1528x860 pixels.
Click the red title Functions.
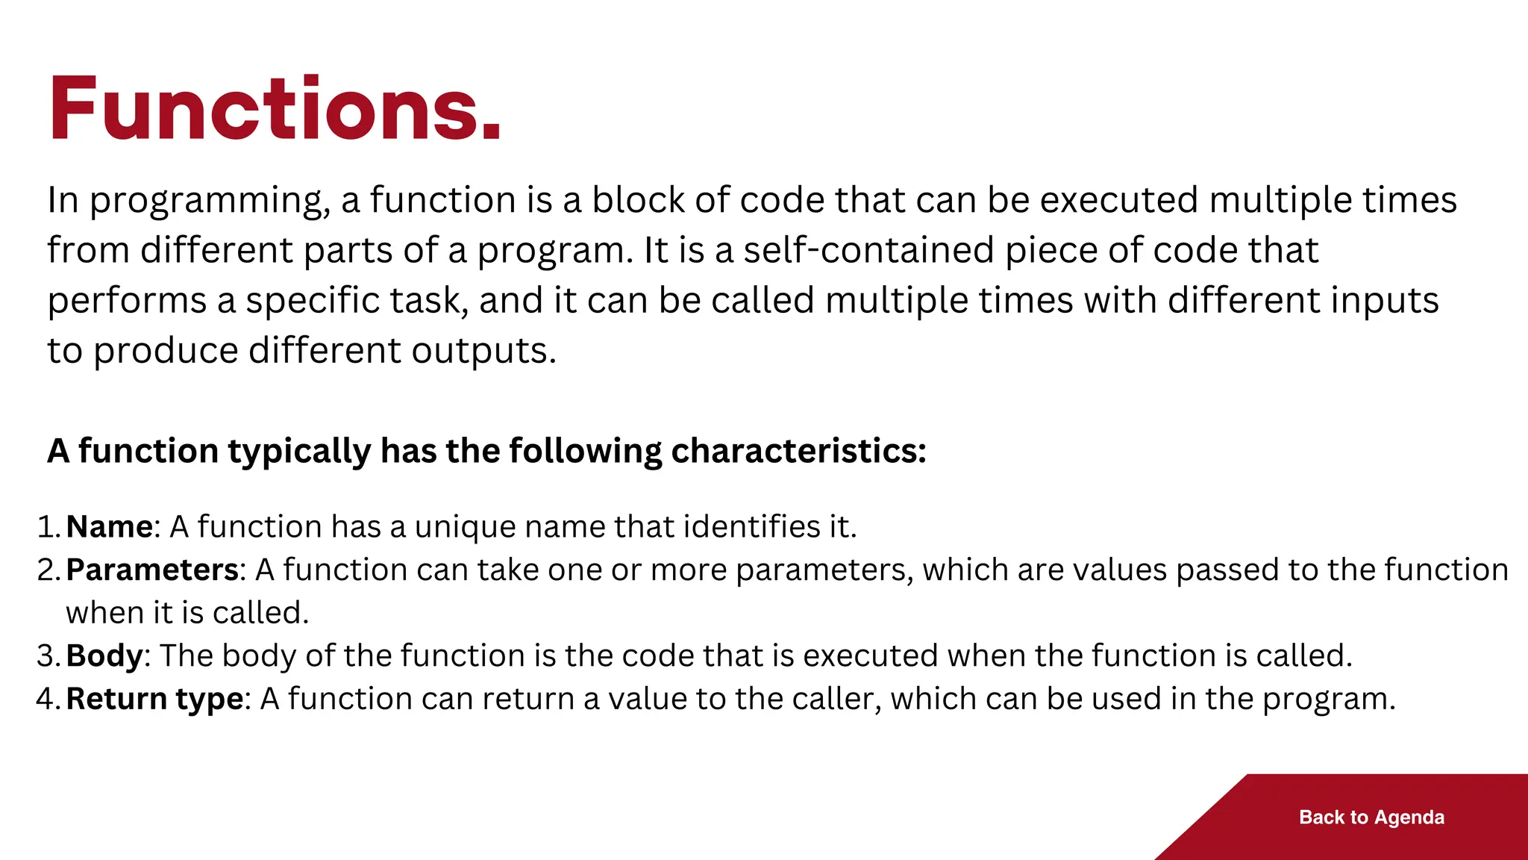click(x=275, y=109)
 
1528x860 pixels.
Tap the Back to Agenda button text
click(x=1371, y=817)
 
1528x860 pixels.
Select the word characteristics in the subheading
click(x=798, y=451)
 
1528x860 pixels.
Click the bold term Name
click(x=109, y=527)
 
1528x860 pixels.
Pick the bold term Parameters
click(x=152, y=570)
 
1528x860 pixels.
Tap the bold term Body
click(x=104, y=656)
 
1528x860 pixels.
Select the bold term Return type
click(x=154, y=699)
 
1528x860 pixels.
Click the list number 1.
click(x=46, y=527)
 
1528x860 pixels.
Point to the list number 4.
click(x=46, y=699)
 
